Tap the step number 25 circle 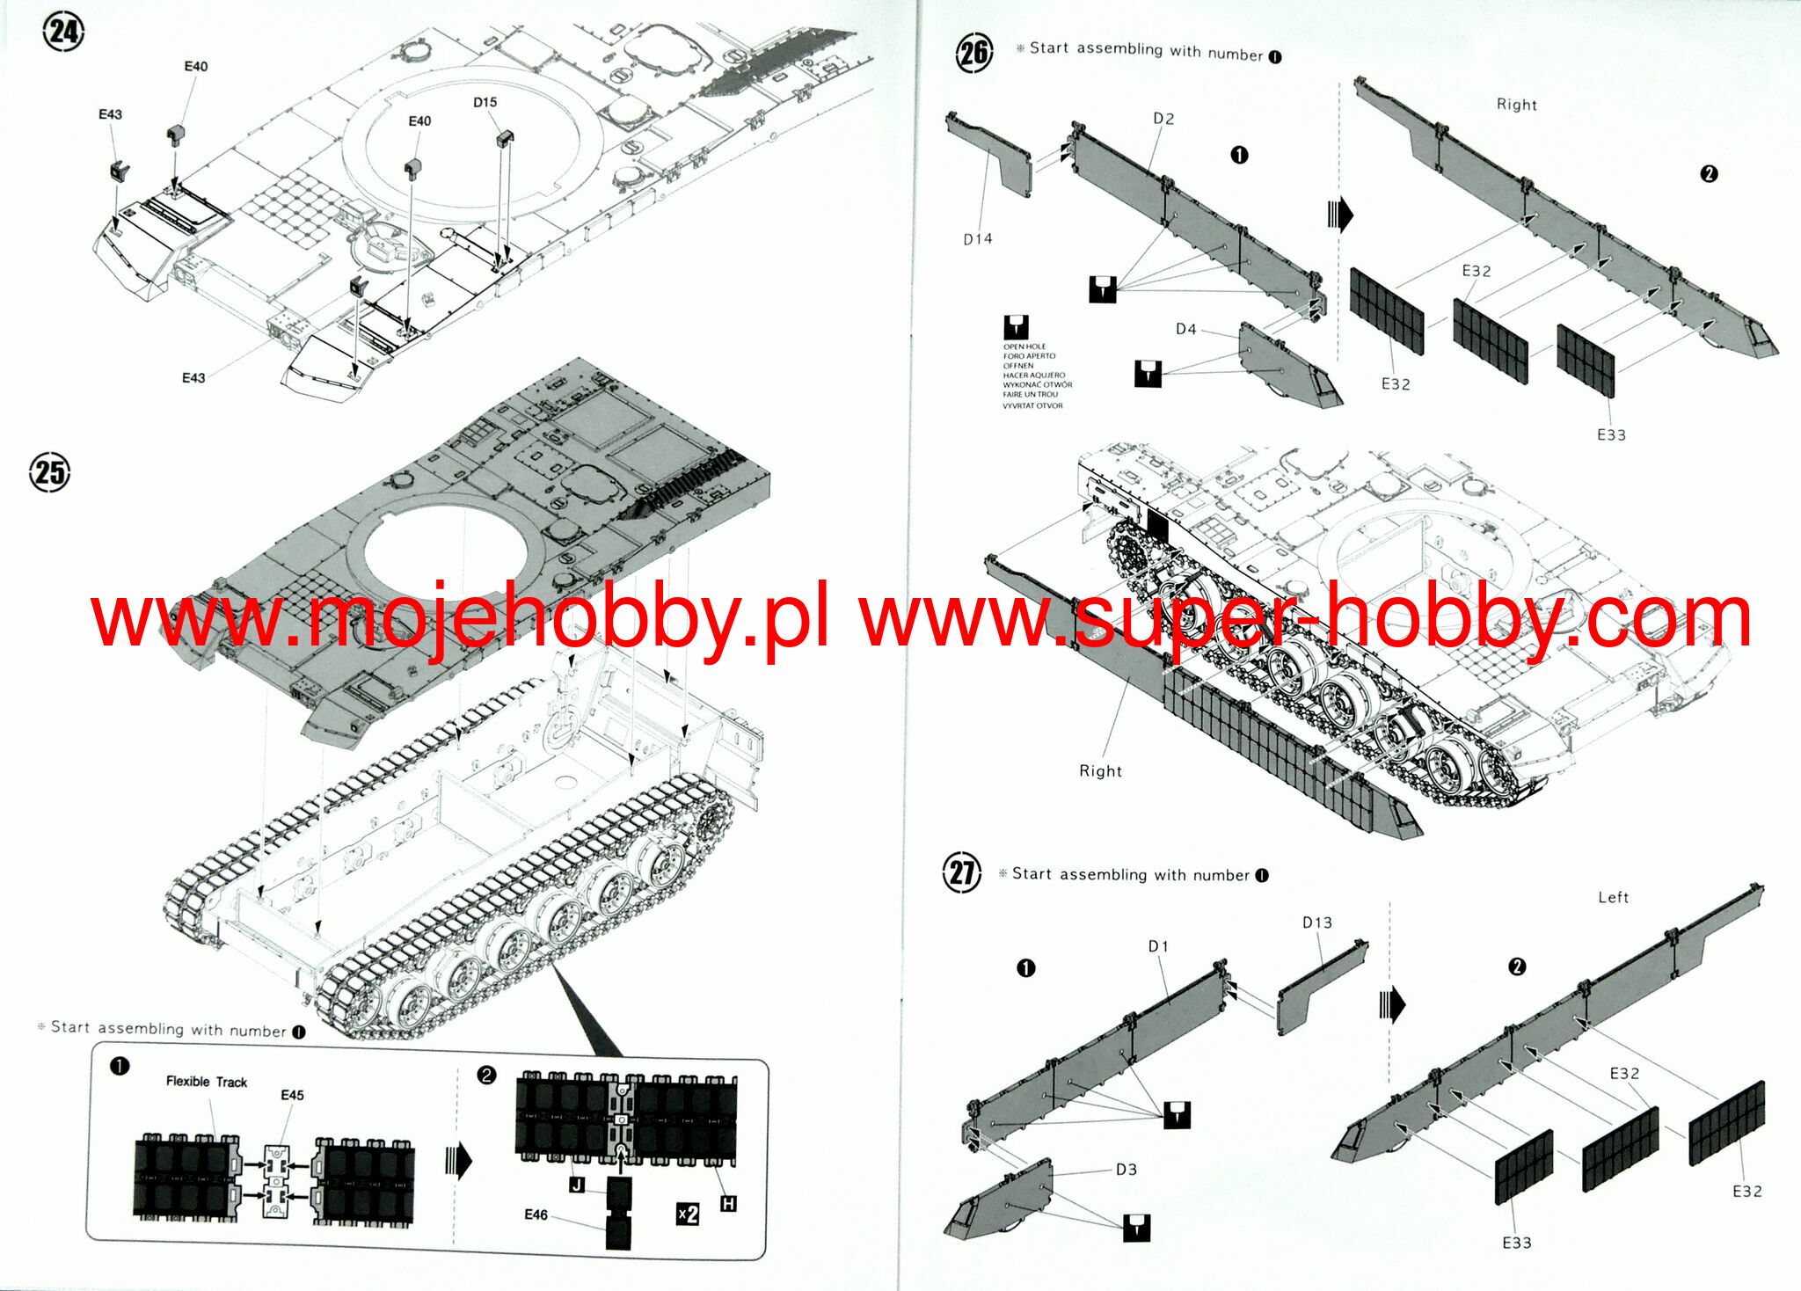click(49, 472)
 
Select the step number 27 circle click(961, 872)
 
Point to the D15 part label click(485, 102)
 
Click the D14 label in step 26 click(977, 238)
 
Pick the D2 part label click(1163, 119)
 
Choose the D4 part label click(1185, 329)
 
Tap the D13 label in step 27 click(1316, 923)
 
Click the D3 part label click(1126, 1169)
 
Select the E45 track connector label click(292, 1095)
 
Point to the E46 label click(536, 1214)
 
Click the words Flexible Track click(207, 1082)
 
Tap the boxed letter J click(577, 1185)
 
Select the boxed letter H click(728, 1204)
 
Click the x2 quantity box click(688, 1214)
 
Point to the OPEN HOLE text click(1024, 346)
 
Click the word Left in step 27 click(1613, 898)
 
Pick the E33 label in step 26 click(1611, 434)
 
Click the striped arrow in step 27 click(1392, 1004)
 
